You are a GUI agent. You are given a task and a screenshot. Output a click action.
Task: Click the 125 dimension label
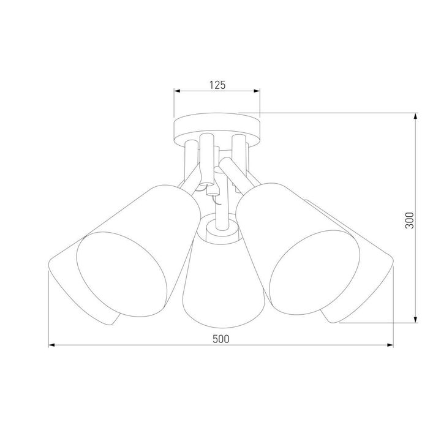tap(217, 85)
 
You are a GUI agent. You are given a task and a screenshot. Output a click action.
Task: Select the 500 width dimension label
tap(221, 339)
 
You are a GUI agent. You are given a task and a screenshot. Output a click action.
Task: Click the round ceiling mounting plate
tap(217, 127)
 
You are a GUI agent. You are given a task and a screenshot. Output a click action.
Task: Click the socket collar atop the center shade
tap(221, 231)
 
